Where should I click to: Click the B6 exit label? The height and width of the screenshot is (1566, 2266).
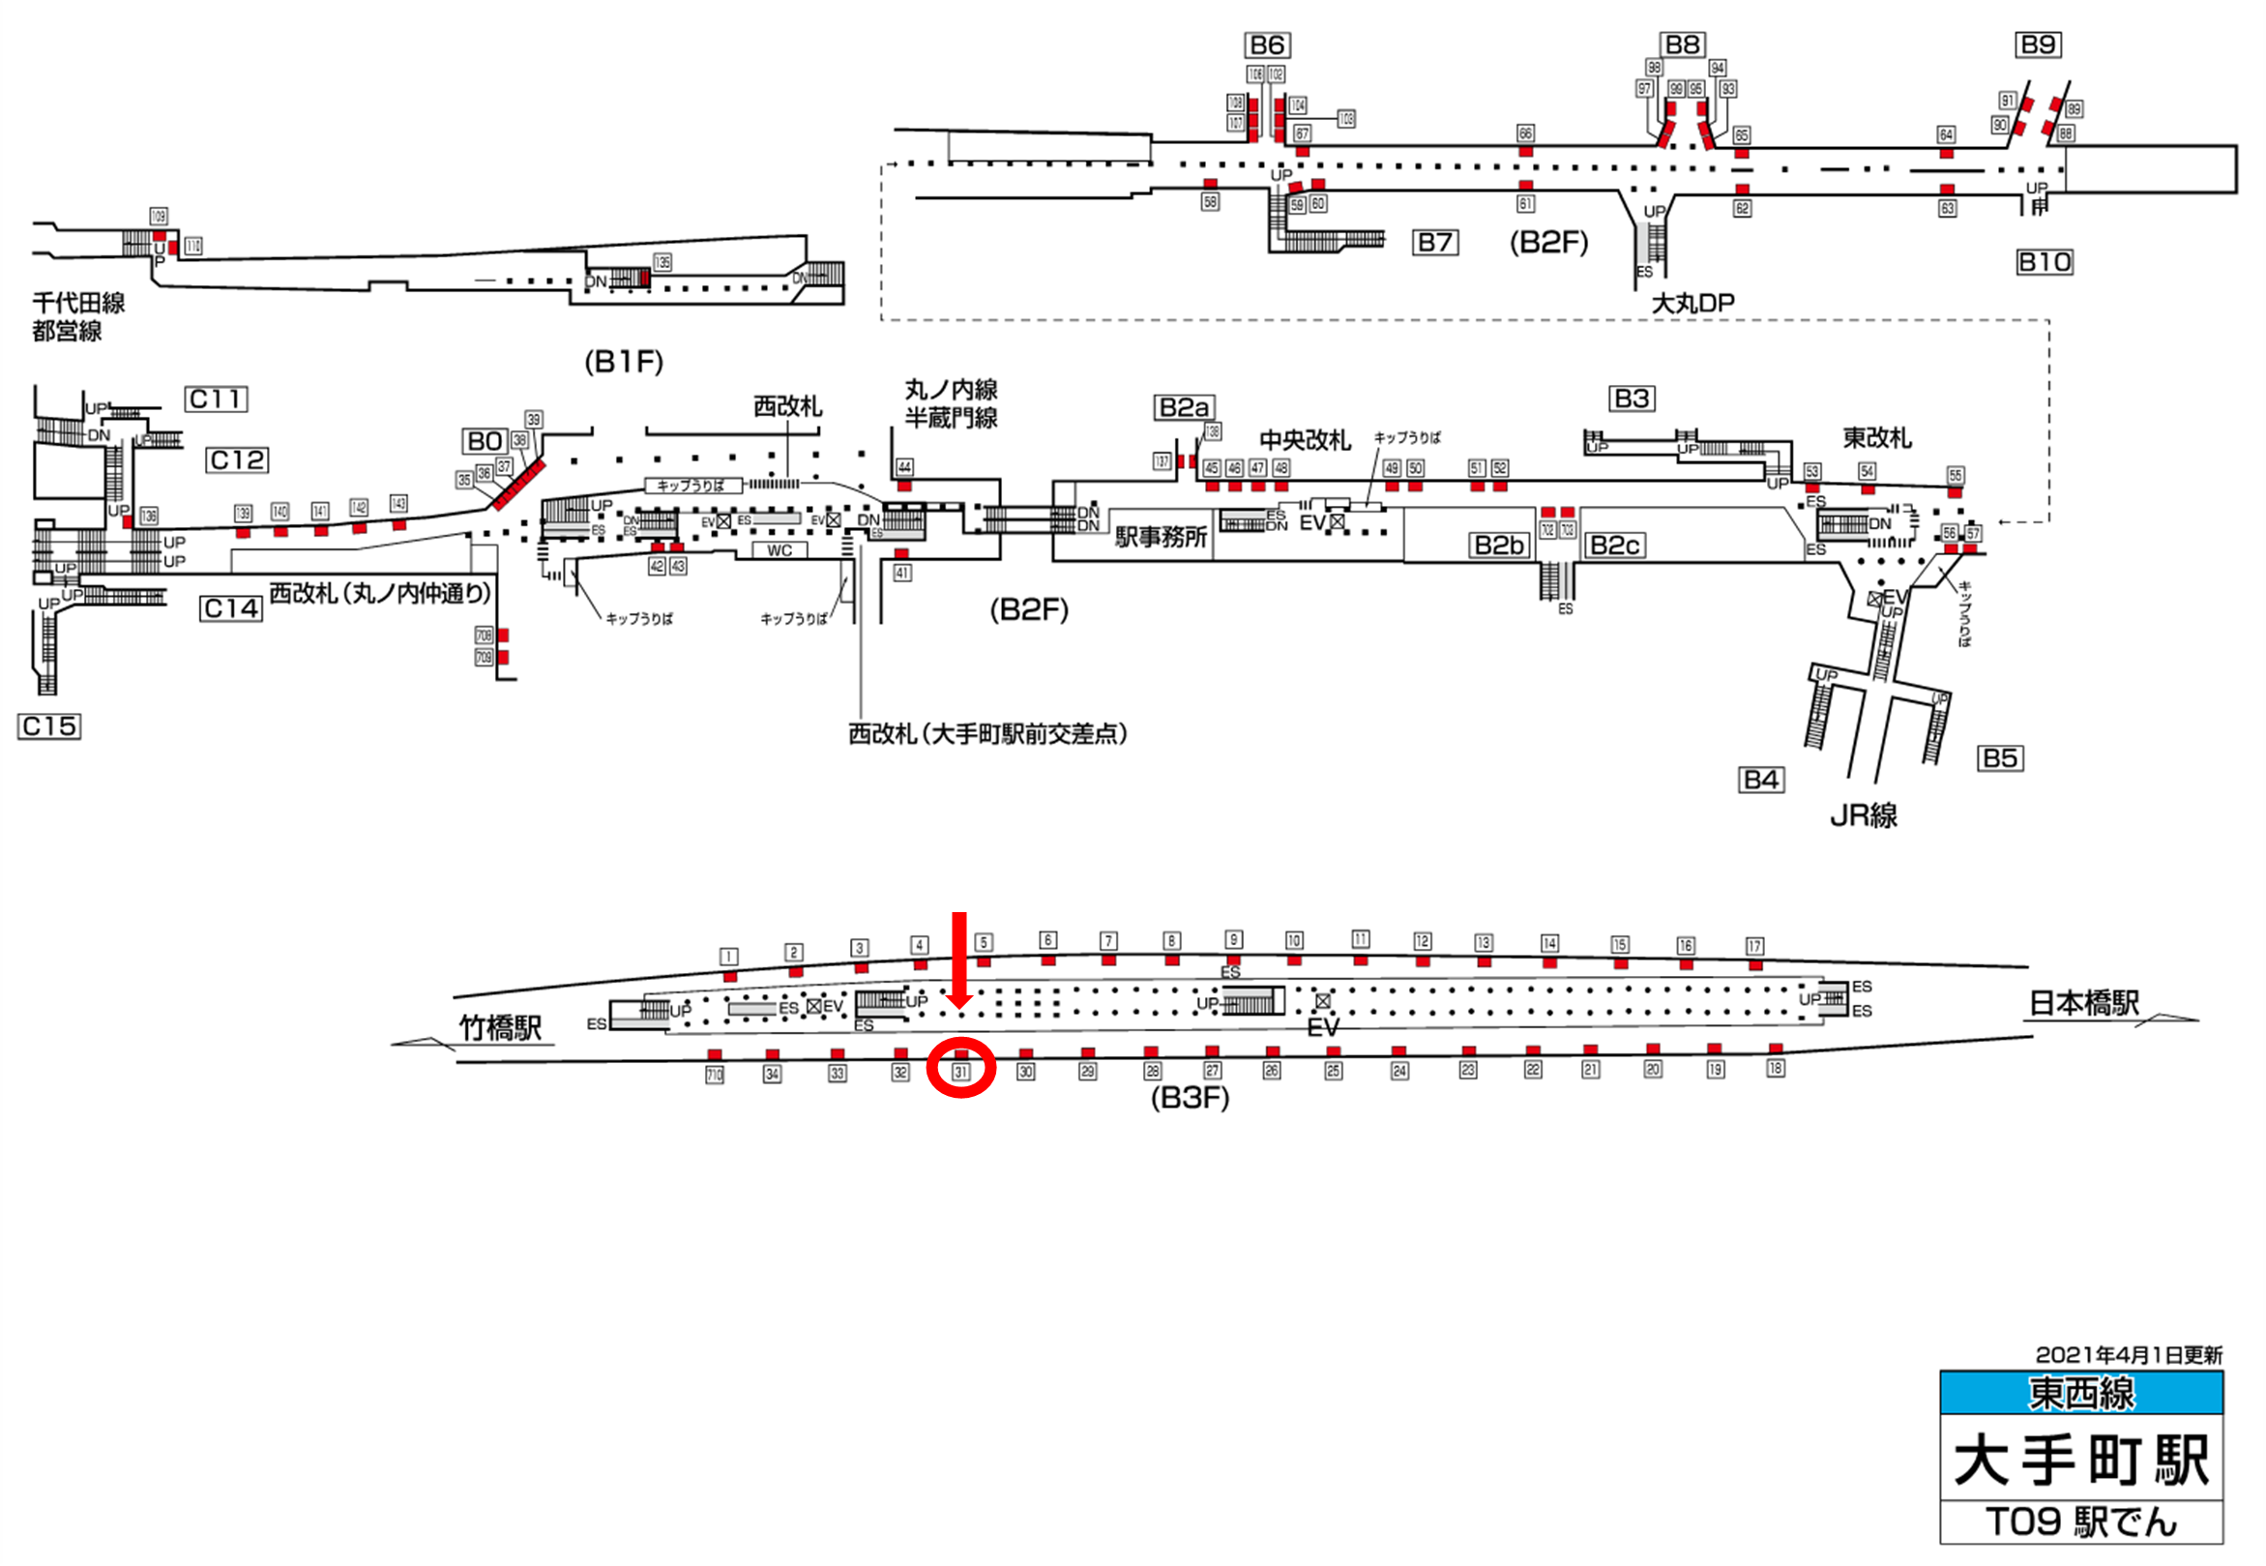1267,45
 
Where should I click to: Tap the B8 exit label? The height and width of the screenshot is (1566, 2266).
1683,44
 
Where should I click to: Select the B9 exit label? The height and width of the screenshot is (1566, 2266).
2039,44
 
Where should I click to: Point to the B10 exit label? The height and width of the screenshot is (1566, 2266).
2045,262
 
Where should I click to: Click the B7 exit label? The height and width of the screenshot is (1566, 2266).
1435,243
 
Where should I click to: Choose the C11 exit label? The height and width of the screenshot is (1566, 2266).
216,399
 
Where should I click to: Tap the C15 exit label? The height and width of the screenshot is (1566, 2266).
49,726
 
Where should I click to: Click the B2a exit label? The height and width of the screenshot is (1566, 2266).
1184,407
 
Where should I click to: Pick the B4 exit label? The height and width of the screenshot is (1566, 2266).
1761,780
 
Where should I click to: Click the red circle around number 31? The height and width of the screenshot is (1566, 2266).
961,1068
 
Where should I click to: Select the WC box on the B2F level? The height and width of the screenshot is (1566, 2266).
780,550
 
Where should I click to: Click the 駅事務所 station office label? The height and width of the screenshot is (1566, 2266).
1162,537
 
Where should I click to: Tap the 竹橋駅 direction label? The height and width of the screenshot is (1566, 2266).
500,1028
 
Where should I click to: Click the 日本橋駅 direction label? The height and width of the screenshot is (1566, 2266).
2083,1003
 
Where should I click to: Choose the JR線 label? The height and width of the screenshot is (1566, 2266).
1864,815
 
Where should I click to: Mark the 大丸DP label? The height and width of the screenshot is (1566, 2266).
1693,303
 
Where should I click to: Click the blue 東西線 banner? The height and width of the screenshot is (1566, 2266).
2080,1393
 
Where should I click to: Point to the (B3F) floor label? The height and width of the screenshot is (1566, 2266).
1190,1097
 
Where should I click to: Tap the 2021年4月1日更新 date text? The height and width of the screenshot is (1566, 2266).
2128,1355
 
